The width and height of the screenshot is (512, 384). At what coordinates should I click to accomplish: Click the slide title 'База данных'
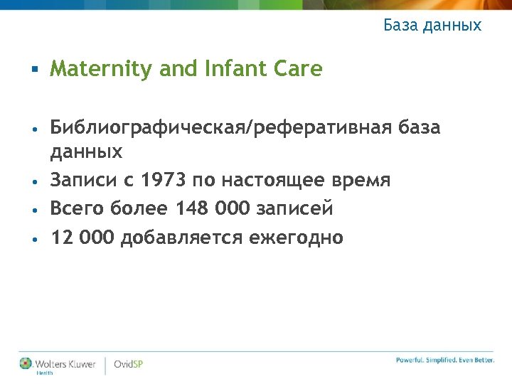point(432,26)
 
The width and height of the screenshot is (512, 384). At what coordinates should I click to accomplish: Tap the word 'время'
point(363,181)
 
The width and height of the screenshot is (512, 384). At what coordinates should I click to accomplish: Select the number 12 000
point(82,238)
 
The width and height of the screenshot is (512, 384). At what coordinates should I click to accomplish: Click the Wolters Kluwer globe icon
point(26,363)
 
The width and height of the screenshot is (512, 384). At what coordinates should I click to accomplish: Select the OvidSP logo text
point(129,364)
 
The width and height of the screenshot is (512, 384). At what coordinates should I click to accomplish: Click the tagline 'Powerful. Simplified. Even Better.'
point(445,361)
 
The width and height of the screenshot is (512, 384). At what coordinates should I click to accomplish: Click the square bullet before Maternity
point(33,70)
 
